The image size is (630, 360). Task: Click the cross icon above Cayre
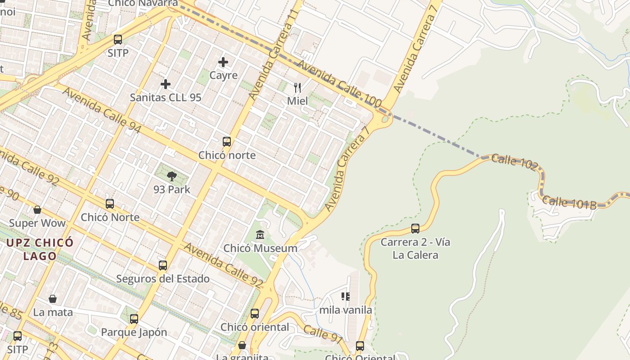click(x=223, y=62)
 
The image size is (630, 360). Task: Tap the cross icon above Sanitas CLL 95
click(x=166, y=84)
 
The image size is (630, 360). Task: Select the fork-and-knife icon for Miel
click(x=297, y=87)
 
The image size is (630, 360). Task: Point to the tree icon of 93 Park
click(x=171, y=176)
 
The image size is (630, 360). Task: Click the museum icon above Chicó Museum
click(x=260, y=235)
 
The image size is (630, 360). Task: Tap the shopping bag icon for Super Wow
click(x=37, y=210)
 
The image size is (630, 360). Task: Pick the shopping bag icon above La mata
click(x=53, y=299)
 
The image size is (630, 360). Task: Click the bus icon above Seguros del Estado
click(x=163, y=265)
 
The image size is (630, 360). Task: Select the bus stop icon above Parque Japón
click(x=134, y=319)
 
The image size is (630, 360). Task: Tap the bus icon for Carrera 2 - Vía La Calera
click(x=415, y=229)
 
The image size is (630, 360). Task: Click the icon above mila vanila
click(x=346, y=297)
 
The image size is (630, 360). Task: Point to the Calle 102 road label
click(x=514, y=162)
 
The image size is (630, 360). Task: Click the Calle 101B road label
click(x=569, y=202)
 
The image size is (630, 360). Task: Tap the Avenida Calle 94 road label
click(x=102, y=110)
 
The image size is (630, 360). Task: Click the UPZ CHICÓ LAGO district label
click(x=40, y=249)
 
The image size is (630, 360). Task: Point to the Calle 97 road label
click(x=323, y=334)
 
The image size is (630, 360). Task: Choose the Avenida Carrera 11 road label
click(x=274, y=55)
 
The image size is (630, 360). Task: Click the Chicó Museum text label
click(x=260, y=248)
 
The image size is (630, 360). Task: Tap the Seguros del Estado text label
click(x=163, y=279)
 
